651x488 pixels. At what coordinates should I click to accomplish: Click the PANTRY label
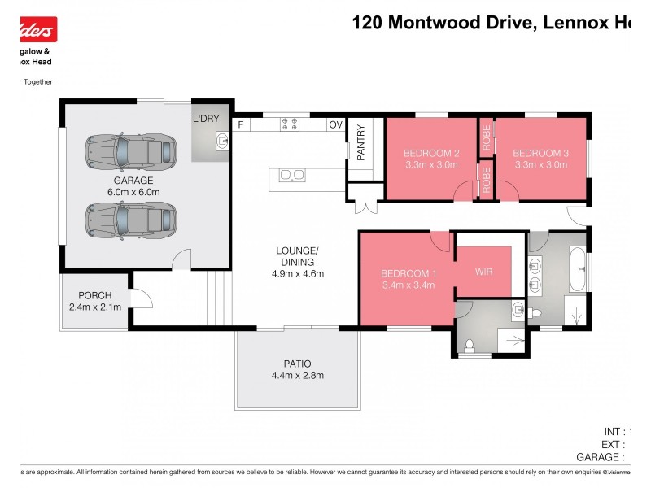click(x=360, y=143)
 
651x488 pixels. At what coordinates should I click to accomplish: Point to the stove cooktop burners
click(x=291, y=124)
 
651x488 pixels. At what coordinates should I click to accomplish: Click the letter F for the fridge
click(x=241, y=124)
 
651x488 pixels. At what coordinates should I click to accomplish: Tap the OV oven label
click(x=334, y=124)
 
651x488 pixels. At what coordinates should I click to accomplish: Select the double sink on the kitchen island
click(x=291, y=175)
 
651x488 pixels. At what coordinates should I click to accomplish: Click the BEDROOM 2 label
click(x=431, y=153)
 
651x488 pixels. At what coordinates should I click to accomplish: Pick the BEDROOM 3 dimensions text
click(x=541, y=165)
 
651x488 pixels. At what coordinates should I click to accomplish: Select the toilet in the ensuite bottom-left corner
click(x=469, y=346)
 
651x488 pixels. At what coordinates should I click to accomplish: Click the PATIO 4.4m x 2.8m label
click(x=297, y=369)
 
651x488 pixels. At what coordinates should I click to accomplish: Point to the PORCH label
click(x=94, y=295)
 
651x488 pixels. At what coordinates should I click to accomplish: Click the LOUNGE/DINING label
click(x=297, y=256)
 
